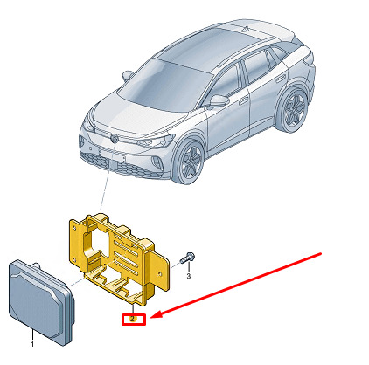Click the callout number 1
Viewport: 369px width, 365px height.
point(32,344)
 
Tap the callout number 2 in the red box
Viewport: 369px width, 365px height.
point(133,319)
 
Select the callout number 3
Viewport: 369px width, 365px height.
point(189,276)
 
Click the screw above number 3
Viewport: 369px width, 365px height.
point(187,258)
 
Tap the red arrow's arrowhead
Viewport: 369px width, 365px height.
point(157,315)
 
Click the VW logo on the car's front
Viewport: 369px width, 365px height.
point(114,138)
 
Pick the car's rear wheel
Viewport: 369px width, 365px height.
point(294,109)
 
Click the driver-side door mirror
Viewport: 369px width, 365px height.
point(219,100)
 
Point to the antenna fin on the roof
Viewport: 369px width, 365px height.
point(247,29)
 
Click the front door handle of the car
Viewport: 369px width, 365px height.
point(243,100)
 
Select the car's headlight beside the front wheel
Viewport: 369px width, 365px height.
point(157,141)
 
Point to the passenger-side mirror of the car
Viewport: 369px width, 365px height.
point(128,75)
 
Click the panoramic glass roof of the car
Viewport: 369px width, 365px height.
point(216,44)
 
